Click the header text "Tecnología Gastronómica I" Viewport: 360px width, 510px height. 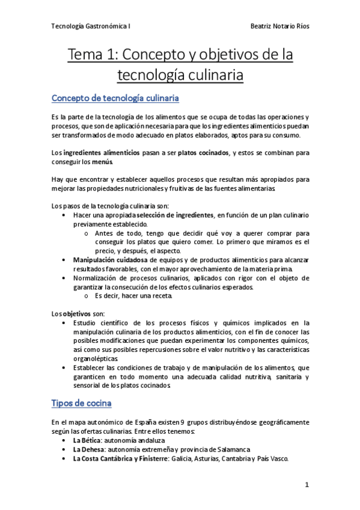[91, 27]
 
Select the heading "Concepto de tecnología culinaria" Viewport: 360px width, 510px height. [115, 98]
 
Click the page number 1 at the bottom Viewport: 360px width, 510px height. [307, 484]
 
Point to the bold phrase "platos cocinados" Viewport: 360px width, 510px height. [203, 153]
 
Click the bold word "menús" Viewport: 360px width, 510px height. [100, 162]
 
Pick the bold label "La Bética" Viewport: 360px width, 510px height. [87, 440]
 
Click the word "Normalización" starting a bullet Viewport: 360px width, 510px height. [99, 278]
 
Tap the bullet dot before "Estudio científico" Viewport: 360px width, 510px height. [64, 323]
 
